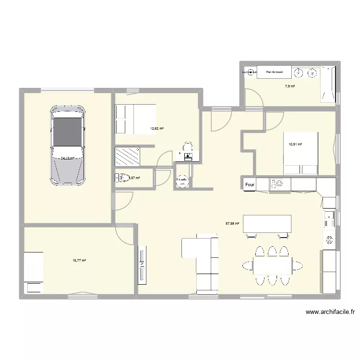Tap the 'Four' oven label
tap(249, 184)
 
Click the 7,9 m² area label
tap(289, 86)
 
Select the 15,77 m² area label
tap(79, 261)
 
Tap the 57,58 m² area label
tap(232, 223)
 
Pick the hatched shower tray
tap(127, 156)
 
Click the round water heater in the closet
tap(183, 181)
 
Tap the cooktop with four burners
tap(277, 184)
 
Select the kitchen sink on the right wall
tap(329, 219)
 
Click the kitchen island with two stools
tap(267, 224)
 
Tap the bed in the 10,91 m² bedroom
tap(300, 153)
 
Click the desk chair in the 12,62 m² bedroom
tap(189, 146)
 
